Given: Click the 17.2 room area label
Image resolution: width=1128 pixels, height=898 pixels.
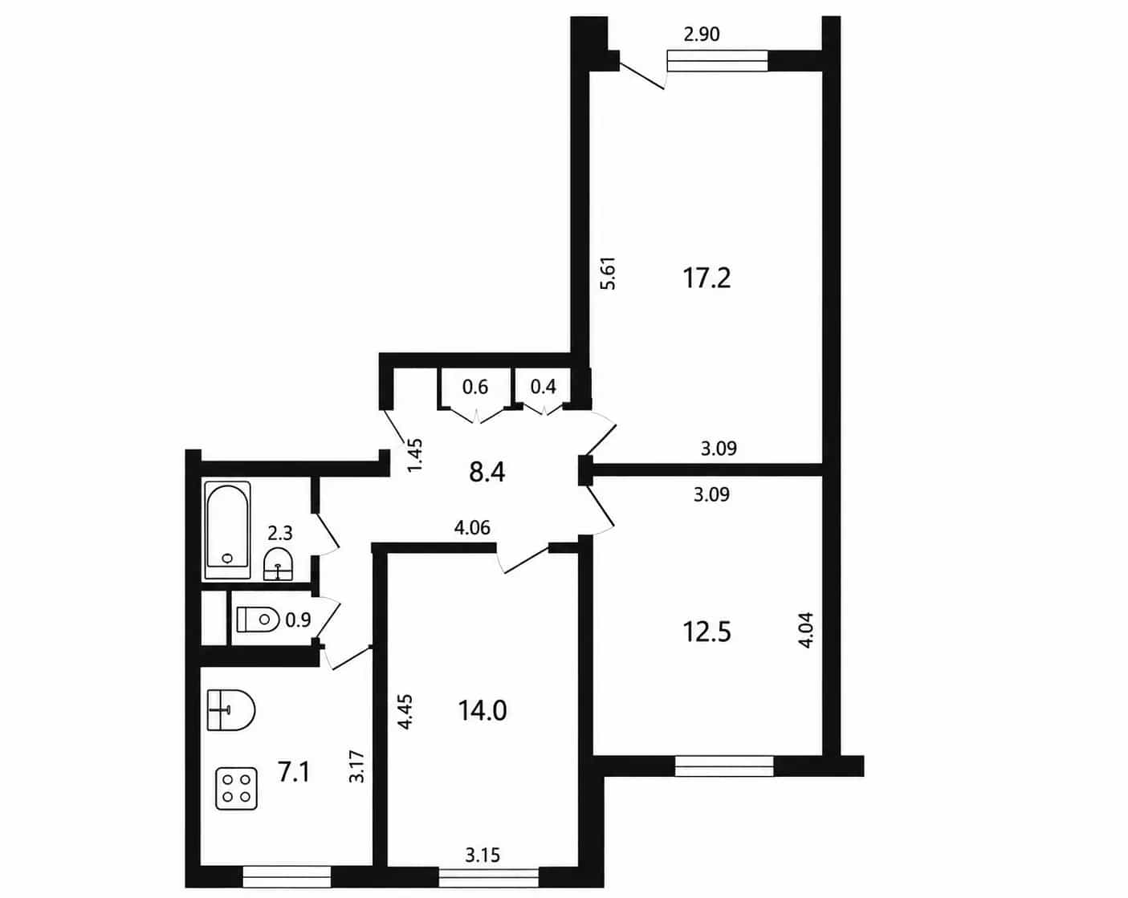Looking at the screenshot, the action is (x=706, y=278).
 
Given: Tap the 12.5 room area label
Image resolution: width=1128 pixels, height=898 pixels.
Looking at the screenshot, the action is (x=707, y=632).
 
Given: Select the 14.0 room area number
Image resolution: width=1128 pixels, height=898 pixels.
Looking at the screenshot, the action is (x=483, y=712).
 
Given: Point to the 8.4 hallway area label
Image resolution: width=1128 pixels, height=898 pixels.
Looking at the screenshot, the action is (x=487, y=473).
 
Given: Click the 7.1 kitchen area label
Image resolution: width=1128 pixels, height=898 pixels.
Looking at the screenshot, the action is (x=294, y=772).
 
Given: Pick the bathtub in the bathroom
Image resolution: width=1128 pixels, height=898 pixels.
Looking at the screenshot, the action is (x=227, y=530).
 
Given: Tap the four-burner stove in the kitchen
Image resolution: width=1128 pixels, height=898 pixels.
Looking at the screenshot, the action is (x=236, y=789).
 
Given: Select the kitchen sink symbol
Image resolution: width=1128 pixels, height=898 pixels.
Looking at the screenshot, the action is (x=230, y=710).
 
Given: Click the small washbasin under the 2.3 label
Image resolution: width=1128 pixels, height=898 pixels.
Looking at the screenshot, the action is (x=278, y=564).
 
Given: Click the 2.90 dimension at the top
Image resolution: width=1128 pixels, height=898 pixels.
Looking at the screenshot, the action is (x=702, y=35).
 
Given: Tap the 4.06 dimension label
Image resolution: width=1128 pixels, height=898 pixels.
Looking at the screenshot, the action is (x=472, y=527).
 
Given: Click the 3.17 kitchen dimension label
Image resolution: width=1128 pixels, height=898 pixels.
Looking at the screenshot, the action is (x=356, y=766).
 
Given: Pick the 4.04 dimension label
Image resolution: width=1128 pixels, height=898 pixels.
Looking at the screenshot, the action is (x=805, y=630).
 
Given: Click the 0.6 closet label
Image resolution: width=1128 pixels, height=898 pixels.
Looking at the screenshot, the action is (x=475, y=387).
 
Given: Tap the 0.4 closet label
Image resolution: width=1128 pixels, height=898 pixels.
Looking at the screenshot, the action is (x=543, y=387).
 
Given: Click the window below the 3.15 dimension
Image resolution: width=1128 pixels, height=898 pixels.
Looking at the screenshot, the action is (x=488, y=877).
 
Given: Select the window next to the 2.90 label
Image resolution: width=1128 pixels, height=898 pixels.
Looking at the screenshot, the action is (x=718, y=61).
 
